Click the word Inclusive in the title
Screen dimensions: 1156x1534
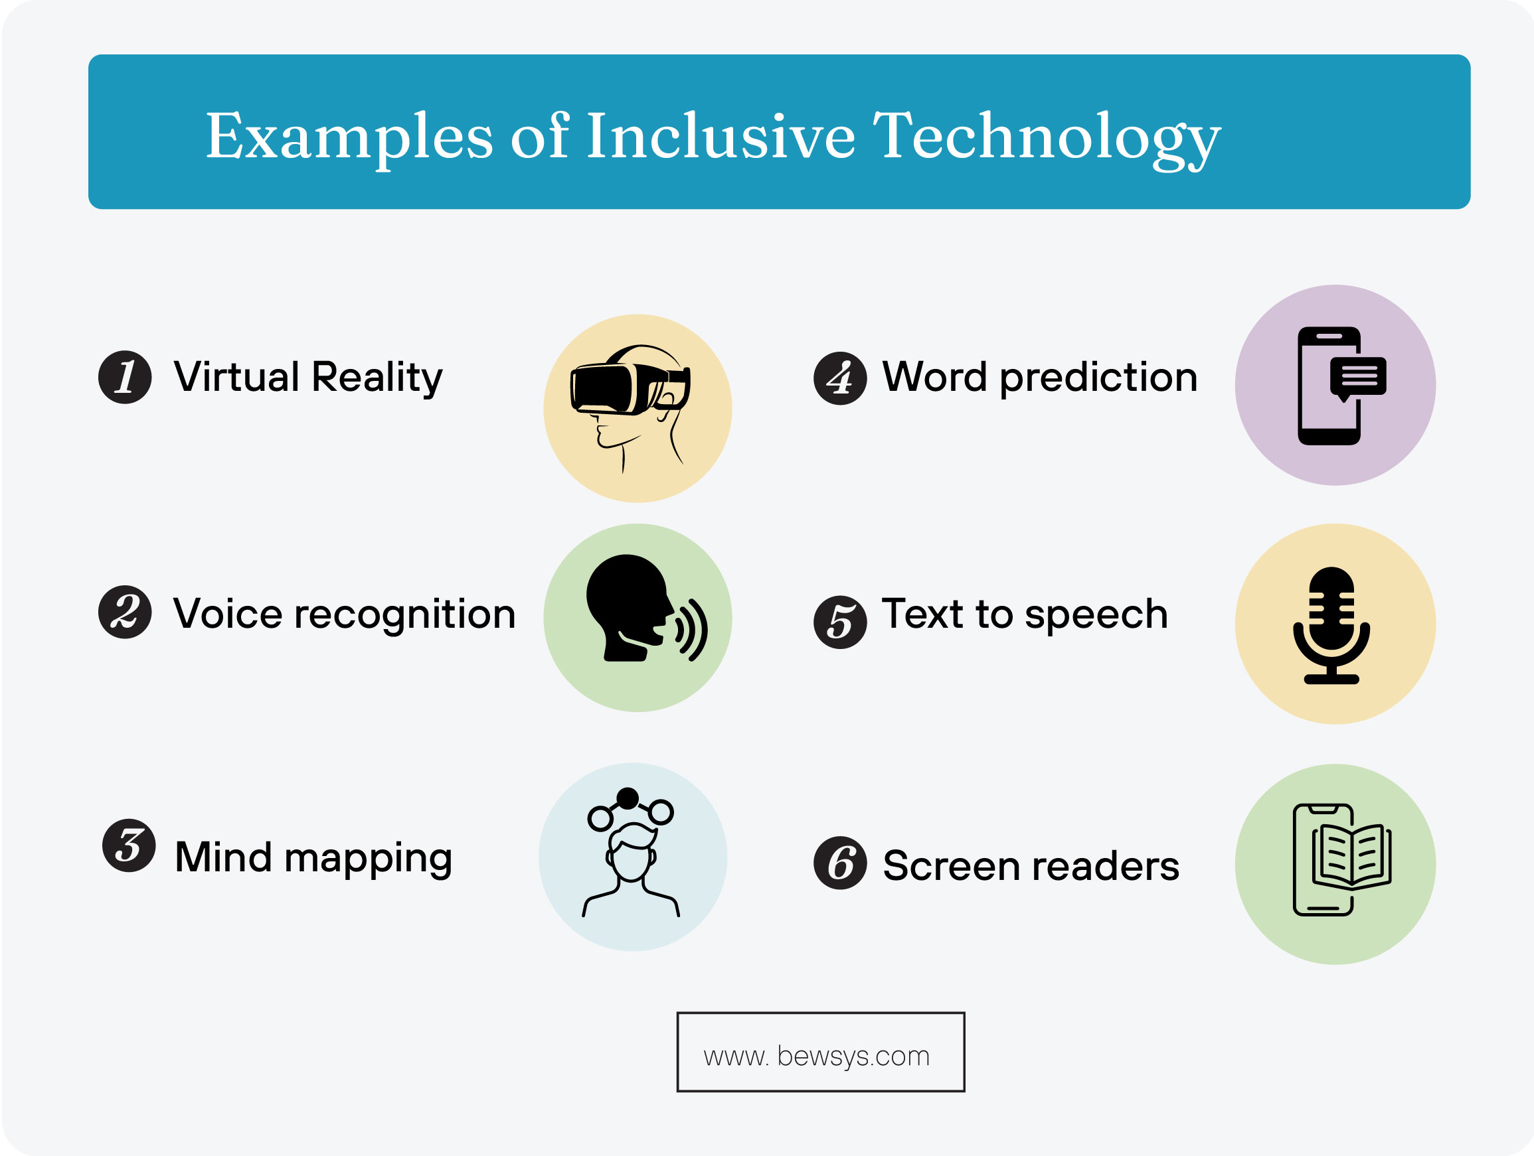721,136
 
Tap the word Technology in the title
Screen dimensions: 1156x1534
1046,137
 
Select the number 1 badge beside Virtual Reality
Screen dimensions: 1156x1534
125,377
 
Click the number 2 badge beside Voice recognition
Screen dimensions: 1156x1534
125,612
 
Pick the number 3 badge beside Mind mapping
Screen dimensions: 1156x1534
129,845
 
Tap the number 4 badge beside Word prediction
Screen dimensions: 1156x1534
840,378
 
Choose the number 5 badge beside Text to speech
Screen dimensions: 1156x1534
840,622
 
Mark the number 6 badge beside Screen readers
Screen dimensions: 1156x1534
840,863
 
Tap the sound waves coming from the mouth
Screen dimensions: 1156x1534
692,629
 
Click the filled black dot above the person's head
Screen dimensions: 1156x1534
627,798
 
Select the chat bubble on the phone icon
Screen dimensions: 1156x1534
1357,377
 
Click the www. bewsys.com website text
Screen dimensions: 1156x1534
816,1056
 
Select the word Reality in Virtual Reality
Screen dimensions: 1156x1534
377,378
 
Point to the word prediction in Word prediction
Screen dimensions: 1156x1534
1098,378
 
